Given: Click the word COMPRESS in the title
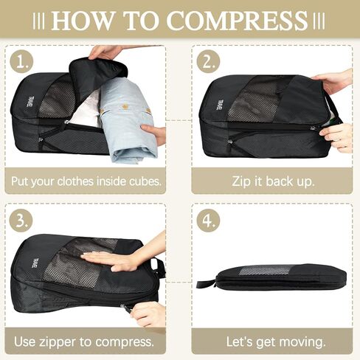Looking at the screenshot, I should click(x=237, y=20).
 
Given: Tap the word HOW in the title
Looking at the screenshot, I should click(x=82, y=20).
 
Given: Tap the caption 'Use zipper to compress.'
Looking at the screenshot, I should click(x=85, y=342).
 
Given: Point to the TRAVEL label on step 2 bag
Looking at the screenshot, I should click(x=220, y=101).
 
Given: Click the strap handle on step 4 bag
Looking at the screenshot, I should click(x=206, y=283).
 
